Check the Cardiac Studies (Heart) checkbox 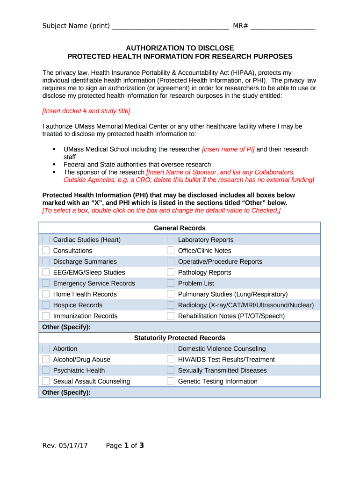(x=46, y=239)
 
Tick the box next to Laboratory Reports (x=171, y=239)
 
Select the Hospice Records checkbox (x=46, y=305)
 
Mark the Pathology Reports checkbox (x=171, y=272)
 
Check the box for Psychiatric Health (x=46, y=370)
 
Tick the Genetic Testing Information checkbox (x=171, y=381)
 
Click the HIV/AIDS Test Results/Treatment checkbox (x=171, y=359)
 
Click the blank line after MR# (x=282, y=26)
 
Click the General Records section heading (x=180, y=228)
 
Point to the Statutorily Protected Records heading (x=180, y=338)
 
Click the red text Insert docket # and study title (x=86, y=111)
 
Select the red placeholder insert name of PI (x=228, y=149)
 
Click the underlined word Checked (x=264, y=210)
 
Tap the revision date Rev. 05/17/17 (x=65, y=446)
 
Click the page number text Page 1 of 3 (x=125, y=446)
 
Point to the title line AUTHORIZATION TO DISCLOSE (x=180, y=48)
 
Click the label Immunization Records (x=85, y=316)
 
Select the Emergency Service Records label (x=94, y=283)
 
